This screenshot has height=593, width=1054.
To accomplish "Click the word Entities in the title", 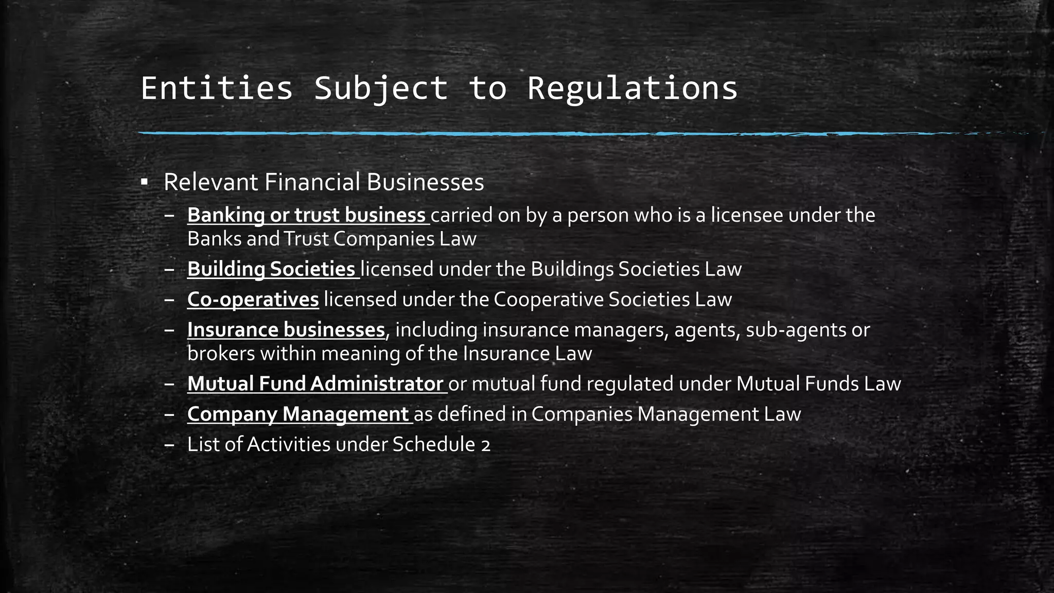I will [217, 88].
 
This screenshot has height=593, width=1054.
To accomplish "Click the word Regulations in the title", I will [633, 88].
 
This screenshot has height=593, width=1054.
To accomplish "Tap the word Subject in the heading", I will [381, 88].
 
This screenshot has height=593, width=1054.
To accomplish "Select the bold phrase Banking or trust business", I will [306, 215].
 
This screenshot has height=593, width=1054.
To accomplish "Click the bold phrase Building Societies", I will [271, 269].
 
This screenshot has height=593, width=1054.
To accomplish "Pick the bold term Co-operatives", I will [253, 300].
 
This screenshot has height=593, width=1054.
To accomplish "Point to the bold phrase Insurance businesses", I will [286, 330].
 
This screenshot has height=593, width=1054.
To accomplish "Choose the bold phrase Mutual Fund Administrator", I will [315, 384].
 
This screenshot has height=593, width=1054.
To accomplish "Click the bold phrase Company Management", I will [298, 414].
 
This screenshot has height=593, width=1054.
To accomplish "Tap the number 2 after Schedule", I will [486, 445].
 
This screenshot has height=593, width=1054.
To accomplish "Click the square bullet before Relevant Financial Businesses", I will [144, 182].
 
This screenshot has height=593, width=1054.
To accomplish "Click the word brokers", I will [221, 354].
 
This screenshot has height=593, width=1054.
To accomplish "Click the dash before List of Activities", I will [170, 445].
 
